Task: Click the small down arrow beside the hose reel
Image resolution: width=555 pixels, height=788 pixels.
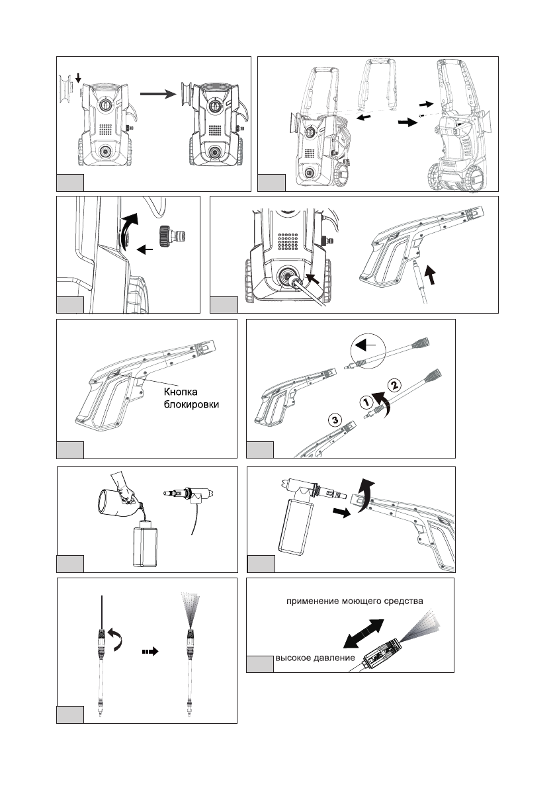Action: coord(79,79)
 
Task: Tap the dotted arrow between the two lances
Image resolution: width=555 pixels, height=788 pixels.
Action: coord(151,651)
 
